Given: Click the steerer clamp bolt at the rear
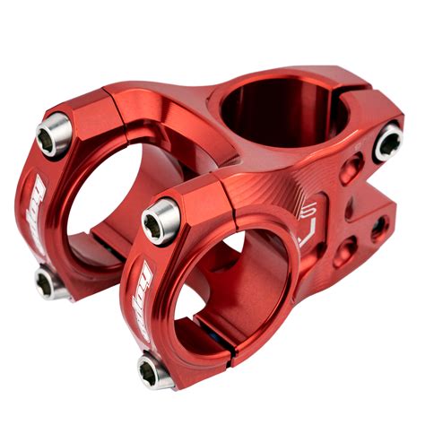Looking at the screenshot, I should (388, 142).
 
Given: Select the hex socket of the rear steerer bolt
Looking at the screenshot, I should (389, 142).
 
